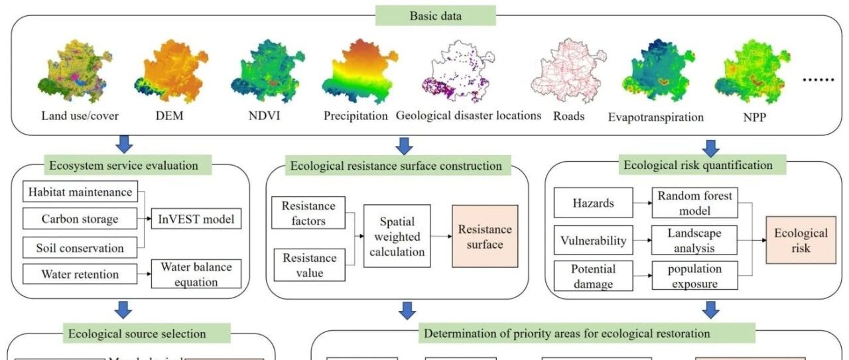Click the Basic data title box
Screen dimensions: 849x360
pos(436,15)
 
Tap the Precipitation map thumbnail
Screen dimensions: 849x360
pos(356,72)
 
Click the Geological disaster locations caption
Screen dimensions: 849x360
pos(468,115)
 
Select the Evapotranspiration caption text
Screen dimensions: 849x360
pos(655,117)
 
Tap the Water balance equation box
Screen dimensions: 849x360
pos(196,274)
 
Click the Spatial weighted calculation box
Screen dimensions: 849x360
pos(397,235)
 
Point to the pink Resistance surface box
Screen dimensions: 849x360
pos(484,236)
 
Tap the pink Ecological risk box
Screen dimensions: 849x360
pos(801,240)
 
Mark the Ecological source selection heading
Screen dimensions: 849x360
pos(137,333)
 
